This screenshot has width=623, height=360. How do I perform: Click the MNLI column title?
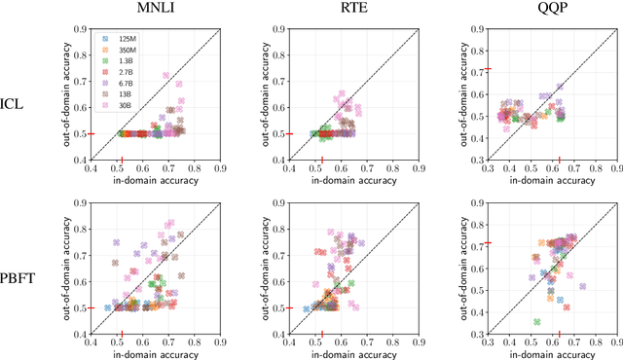(x=156, y=10)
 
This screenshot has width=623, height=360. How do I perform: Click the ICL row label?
(x=15, y=102)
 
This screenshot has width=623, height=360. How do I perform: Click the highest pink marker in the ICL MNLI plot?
(x=166, y=74)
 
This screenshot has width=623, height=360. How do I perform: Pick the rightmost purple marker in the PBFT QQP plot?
(x=582, y=286)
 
